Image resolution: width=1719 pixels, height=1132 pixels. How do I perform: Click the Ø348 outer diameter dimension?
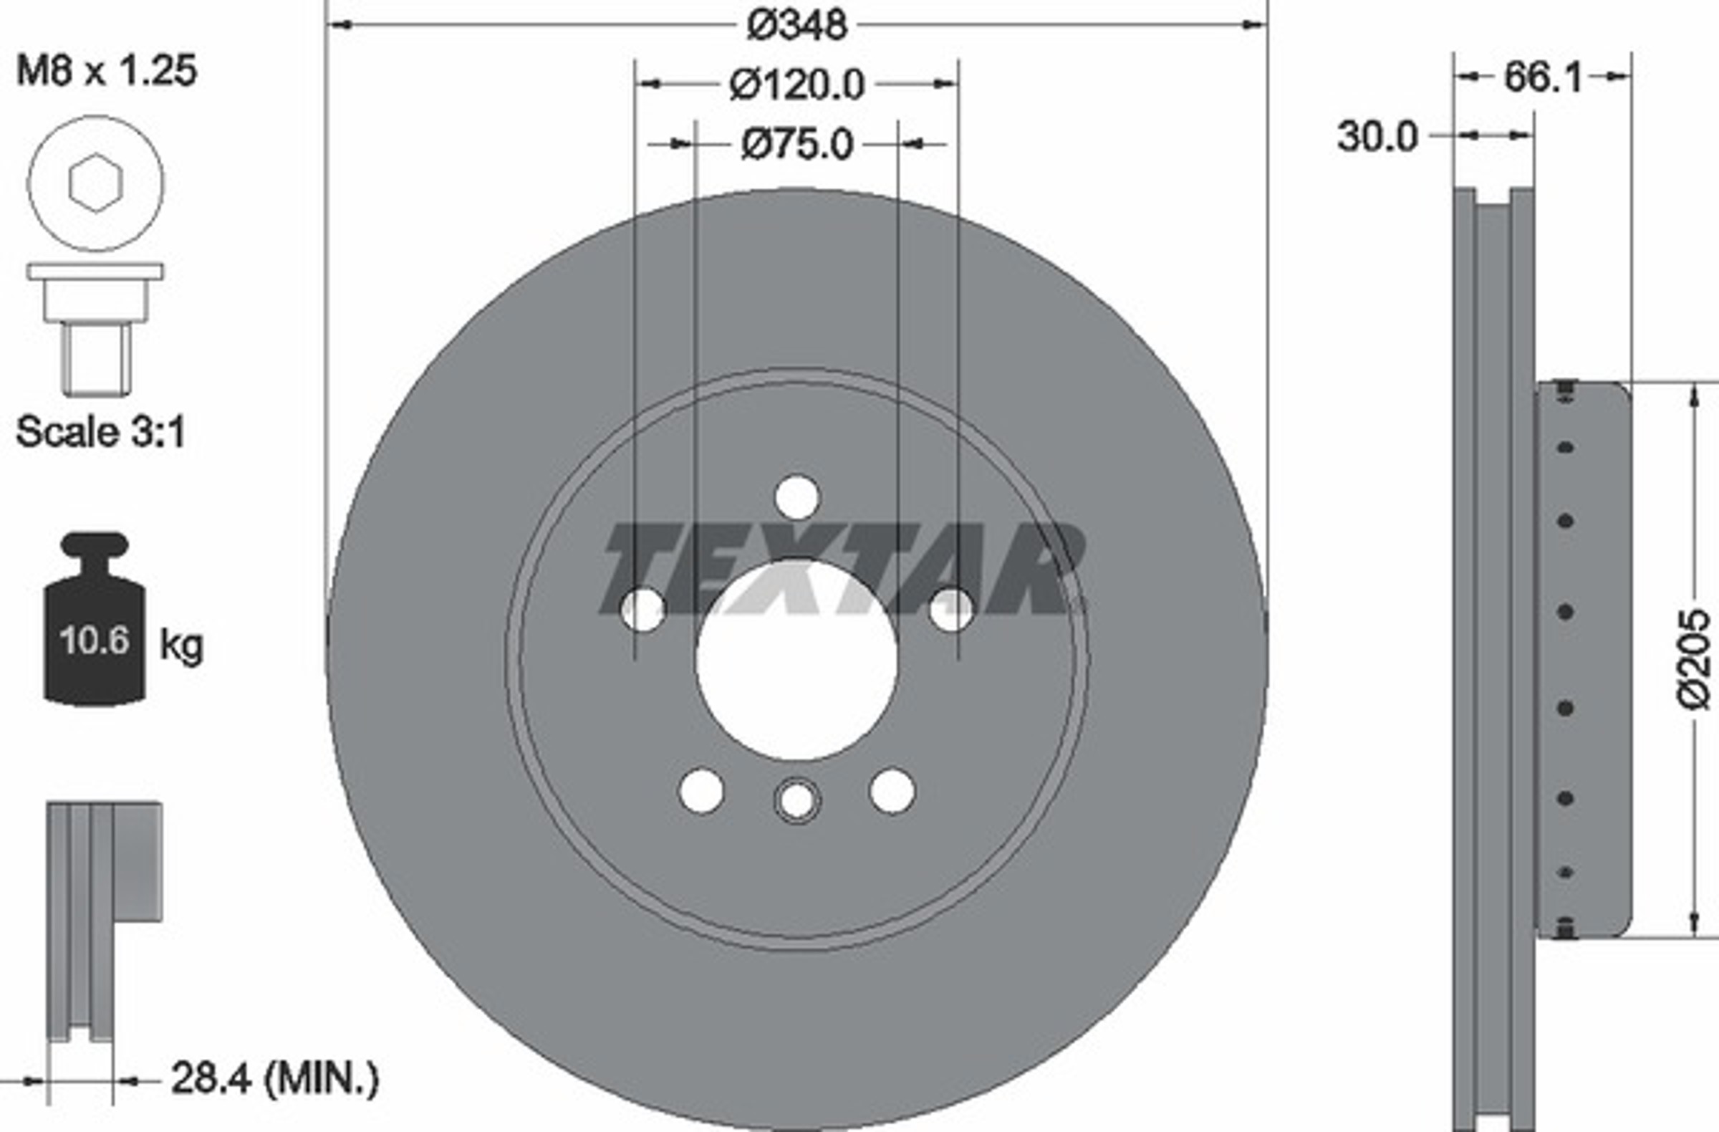[x=796, y=25]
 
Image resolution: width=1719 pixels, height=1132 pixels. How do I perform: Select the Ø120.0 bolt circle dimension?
[x=796, y=85]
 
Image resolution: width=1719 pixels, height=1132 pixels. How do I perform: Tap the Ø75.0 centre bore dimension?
[x=797, y=145]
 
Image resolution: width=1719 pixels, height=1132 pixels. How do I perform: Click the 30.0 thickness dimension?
[x=1377, y=136]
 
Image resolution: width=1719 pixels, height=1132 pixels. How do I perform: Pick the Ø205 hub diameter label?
[x=1693, y=660]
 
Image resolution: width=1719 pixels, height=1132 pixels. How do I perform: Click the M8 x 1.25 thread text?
[x=106, y=71]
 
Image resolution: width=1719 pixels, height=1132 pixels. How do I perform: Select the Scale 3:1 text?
[x=100, y=431]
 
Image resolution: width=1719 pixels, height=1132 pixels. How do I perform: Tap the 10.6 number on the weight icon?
[x=94, y=640]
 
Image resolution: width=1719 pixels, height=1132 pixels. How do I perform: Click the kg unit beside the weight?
[x=181, y=644]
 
